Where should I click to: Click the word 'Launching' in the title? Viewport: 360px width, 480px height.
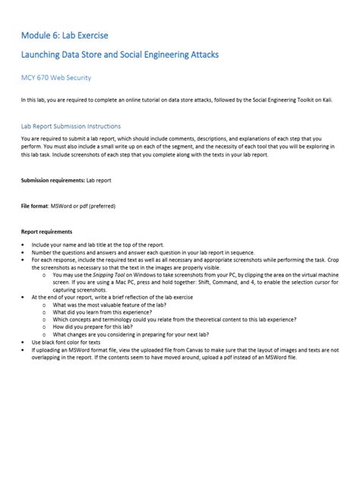[x=47, y=55]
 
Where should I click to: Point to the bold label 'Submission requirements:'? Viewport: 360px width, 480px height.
[x=52, y=180]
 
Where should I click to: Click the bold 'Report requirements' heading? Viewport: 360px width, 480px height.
[x=46, y=232]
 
